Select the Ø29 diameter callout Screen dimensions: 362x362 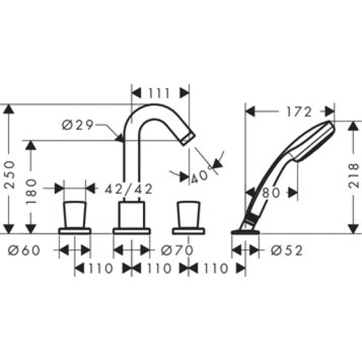click(x=77, y=125)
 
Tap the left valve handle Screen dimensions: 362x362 click(x=74, y=214)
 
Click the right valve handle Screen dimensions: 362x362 click(x=189, y=214)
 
